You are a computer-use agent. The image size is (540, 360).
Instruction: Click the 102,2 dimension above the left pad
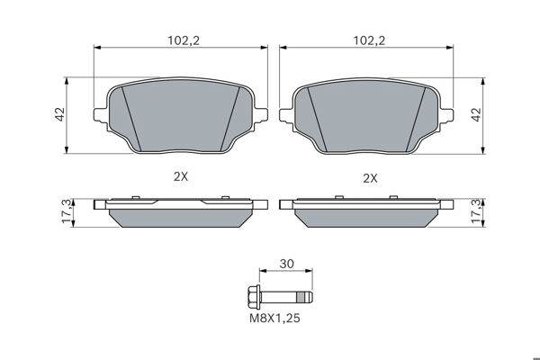pyautogui.click(x=184, y=40)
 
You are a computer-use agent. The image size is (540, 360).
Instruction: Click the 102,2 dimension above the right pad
pyautogui.click(x=369, y=40)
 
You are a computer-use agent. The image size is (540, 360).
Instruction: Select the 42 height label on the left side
pyautogui.click(x=60, y=114)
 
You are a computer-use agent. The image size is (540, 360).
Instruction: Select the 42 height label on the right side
pyautogui.click(x=476, y=114)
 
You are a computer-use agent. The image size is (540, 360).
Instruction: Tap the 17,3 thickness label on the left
pyautogui.click(x=67, y=211)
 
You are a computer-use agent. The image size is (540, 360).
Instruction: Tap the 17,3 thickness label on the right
pyautogui.click(x=477, y=211)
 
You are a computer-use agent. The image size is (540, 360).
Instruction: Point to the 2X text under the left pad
pyautogui.click(x=181, y=176)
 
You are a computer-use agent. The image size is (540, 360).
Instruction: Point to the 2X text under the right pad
pyautogui.click(x=370, y=178)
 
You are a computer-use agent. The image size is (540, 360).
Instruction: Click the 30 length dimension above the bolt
pyautogui.click(x=286, y=264)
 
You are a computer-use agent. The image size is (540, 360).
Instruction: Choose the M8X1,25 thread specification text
pyautogui.click(x=274, y=318)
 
